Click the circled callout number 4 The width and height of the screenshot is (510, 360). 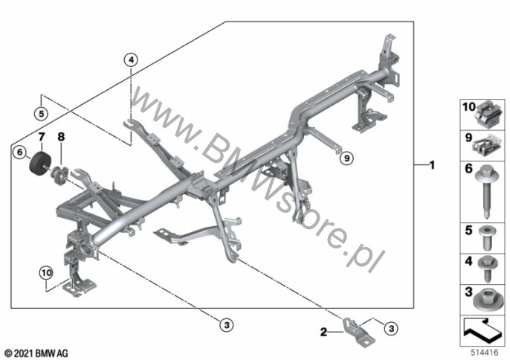pos(130,60)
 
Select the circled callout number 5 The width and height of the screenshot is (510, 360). pos(41,114)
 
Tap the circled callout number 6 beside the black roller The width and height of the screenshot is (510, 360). pos(20,152)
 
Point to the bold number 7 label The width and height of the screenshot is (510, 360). pos(42,137)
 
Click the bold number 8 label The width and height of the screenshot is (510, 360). pos(61,137)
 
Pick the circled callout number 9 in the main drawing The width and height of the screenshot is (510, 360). pos(346,158)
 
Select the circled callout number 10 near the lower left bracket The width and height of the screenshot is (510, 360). pos(46,273)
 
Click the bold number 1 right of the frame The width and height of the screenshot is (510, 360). pos(432,165)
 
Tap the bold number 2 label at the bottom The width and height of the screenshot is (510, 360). pos(323,332)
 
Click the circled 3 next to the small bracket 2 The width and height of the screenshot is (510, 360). pos(391,329)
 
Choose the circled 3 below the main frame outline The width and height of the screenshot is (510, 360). pos(227,325)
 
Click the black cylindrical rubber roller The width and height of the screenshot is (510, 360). pos(42,163)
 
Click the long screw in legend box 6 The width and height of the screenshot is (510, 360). pos(486,191)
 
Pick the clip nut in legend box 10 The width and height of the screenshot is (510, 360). pos(488,115)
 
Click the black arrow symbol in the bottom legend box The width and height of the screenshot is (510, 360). pos(482,331)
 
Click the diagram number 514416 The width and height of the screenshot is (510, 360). pos(485,353)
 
